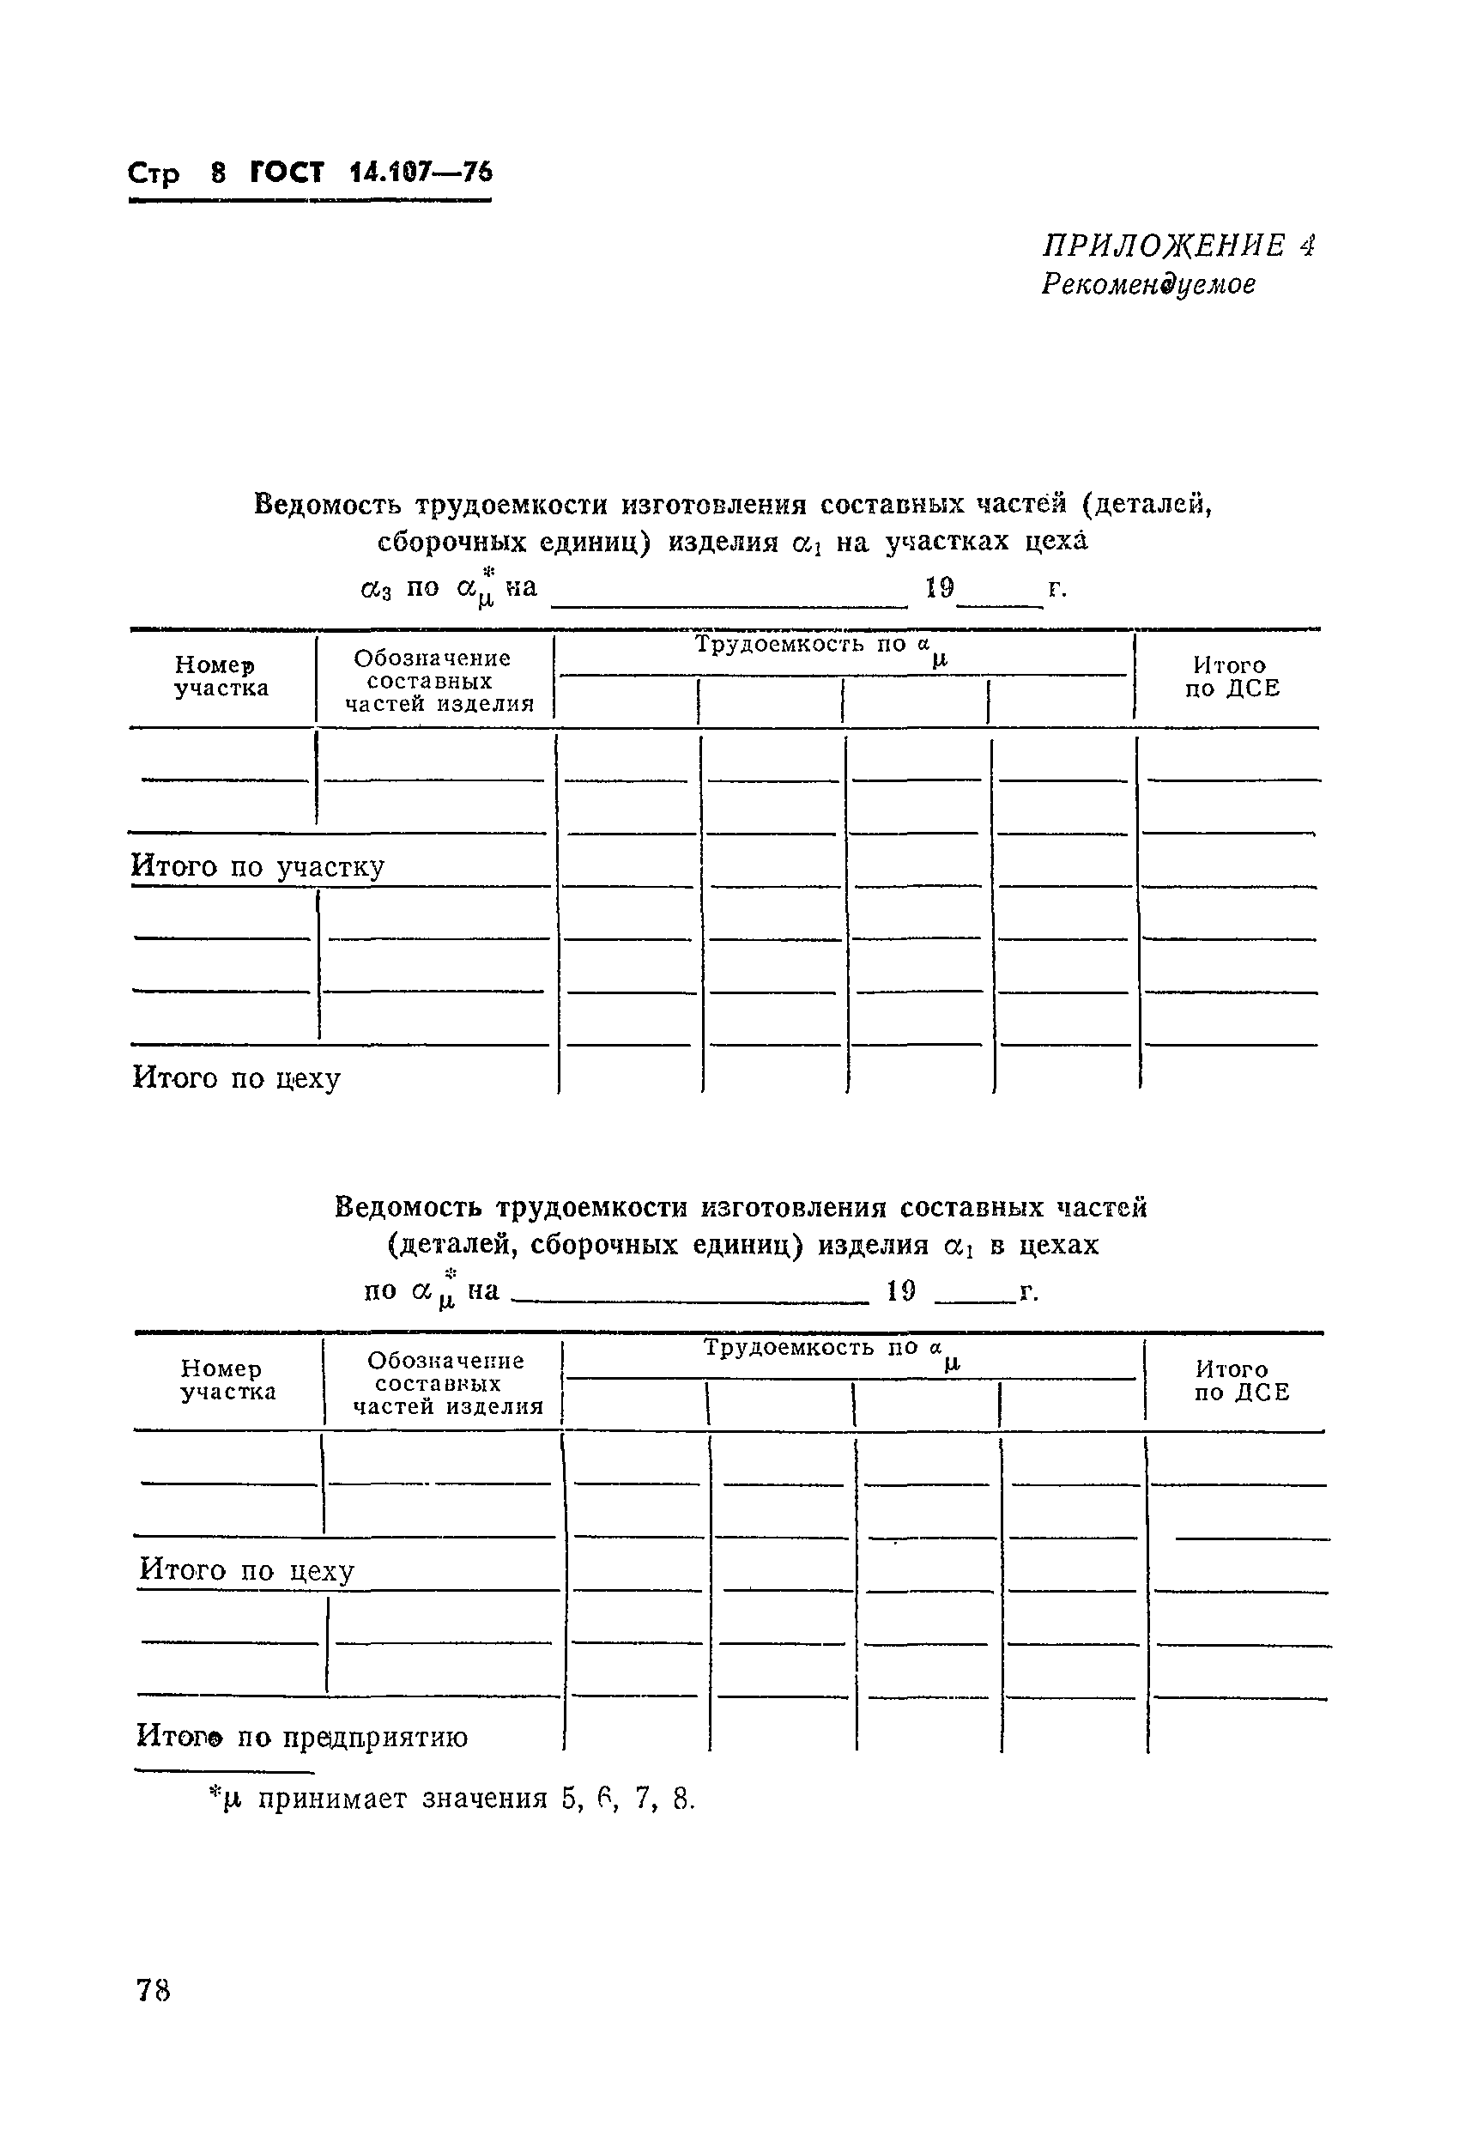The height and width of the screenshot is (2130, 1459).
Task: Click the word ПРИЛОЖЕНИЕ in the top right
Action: tap(1163, 246)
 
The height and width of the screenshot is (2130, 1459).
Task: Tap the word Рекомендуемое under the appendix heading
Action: tap(1147, 285)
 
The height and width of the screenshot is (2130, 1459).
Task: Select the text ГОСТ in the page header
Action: tap(287, 173)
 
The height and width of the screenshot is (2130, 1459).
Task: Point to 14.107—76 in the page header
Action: tap(421, 173)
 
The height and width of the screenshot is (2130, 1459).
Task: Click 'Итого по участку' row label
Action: tap(257, 866)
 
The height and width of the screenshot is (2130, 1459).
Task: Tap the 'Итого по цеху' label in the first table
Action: tap(237, 1077)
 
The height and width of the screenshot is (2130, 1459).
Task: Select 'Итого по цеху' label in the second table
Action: tap(246, 1571)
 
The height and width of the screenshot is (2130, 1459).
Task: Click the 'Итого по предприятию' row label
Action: tap(301, 1737)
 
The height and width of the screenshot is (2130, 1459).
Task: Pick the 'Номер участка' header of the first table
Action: tap(221, 677)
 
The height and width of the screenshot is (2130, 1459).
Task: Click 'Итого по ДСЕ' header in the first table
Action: tap(1231, 677)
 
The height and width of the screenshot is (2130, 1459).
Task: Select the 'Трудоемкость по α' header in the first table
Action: tap(820, 647)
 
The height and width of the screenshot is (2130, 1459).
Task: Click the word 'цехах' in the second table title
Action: tap(1057, 1245)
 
